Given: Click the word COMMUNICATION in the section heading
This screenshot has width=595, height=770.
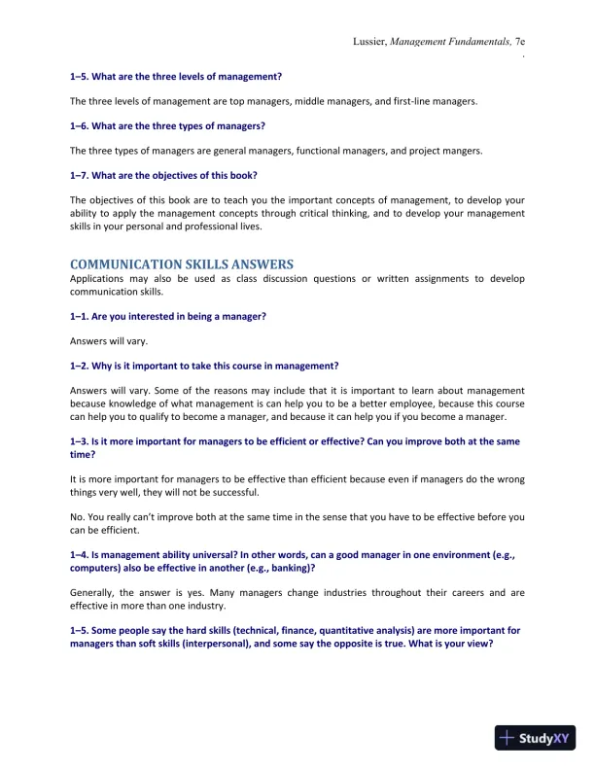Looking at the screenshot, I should pyautogui.click(x=127, y=264).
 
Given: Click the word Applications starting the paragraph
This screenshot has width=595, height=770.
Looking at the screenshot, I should pyautogui.click(x=98, y=279).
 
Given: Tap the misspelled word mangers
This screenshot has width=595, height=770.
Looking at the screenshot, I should pyautogui.click(x=461, y=151).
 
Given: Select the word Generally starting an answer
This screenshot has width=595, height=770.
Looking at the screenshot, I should pyautogui.click(x=95, y=592).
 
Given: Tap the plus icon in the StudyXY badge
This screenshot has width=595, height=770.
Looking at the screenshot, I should pyautogui.click(x=507, y=738).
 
